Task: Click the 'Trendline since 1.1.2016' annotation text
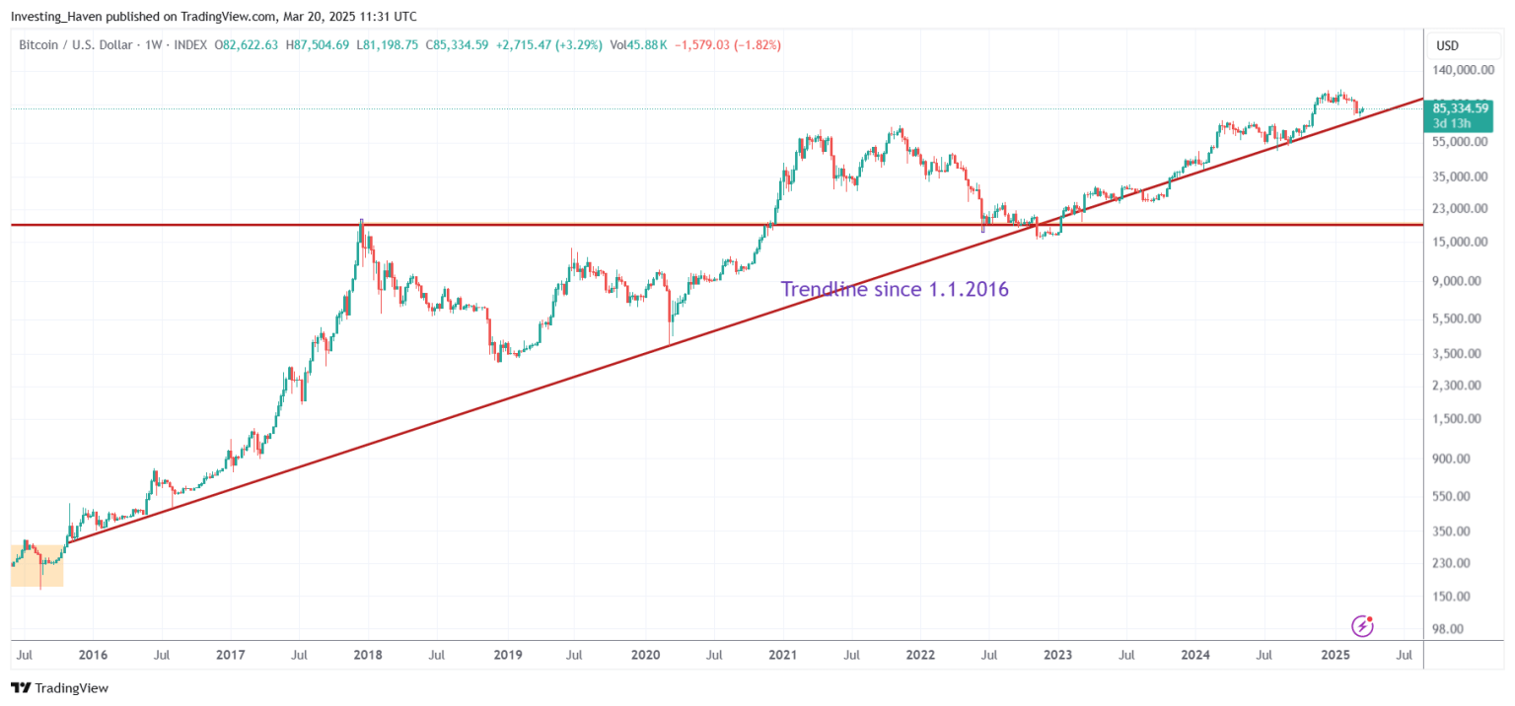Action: coord(895,289)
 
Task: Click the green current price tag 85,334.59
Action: coord(1467,107)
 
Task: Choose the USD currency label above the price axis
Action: coord(1447,45)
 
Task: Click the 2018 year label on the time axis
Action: coord(368,655)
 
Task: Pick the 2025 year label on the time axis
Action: coord(1335,655)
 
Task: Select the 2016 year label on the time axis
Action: coord(93,655)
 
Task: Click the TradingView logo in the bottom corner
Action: coord(59,688)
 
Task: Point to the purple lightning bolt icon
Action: coord(1362,625)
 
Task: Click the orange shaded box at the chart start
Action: coord(36,565)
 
